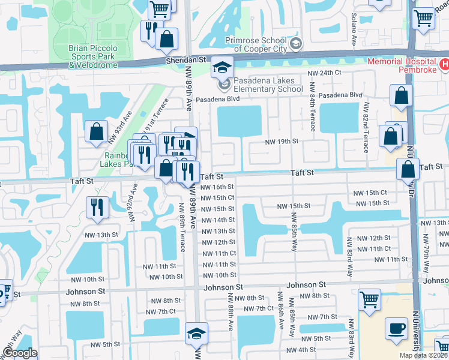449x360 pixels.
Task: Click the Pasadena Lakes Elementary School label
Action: [x=268, y=85]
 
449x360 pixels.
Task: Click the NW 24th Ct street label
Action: [x=324, y=73]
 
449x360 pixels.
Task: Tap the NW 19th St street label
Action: [x=282, y=142]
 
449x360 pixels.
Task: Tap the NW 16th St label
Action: [x=218, y=187]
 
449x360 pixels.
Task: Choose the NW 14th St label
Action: [x=218, y=220]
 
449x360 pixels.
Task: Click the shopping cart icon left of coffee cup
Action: [x=370, y=298]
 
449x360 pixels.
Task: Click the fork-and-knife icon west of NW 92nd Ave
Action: [x=96, y=206]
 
